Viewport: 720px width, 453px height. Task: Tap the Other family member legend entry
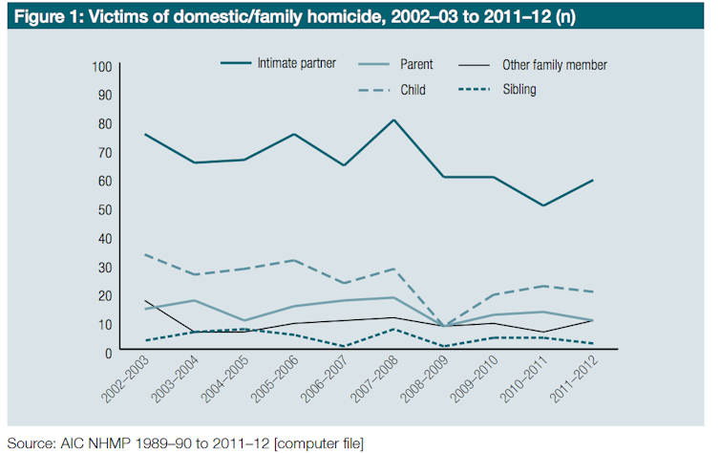click(555, 65)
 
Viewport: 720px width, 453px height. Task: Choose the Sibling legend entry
click(520, 89)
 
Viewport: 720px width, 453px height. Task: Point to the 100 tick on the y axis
click(102, 66)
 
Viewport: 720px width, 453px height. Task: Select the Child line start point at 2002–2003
click(145, 254)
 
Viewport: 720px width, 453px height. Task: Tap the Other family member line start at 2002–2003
click(145, 300)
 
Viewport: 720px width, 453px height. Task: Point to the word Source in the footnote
click(30, 442)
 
